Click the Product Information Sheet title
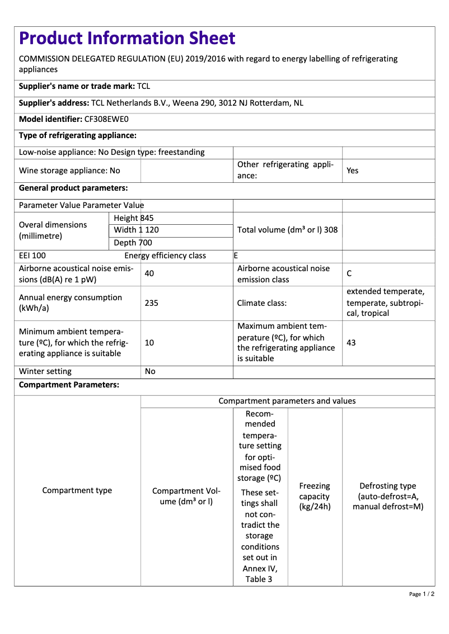tap(127, 38)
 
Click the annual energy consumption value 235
tap(151, 303)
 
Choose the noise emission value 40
tap(149, 273)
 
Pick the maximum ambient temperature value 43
tap(351, 343)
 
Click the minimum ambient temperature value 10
tap(149, 343)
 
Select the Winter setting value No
tap(150, 371)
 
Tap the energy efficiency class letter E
tap(236, 256)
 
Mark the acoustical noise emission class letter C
tap(349, 273)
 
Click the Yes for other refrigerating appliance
tap(352, 171)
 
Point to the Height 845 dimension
tap(133, 218)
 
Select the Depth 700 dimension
tap(133, 243)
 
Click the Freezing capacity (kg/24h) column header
tap(315, 496)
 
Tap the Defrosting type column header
tap(387, 496)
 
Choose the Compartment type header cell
tap(77, 490)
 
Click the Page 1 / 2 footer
tap(422, 594)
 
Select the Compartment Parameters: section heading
tap(69, 385)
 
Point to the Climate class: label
tap(262, 303)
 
